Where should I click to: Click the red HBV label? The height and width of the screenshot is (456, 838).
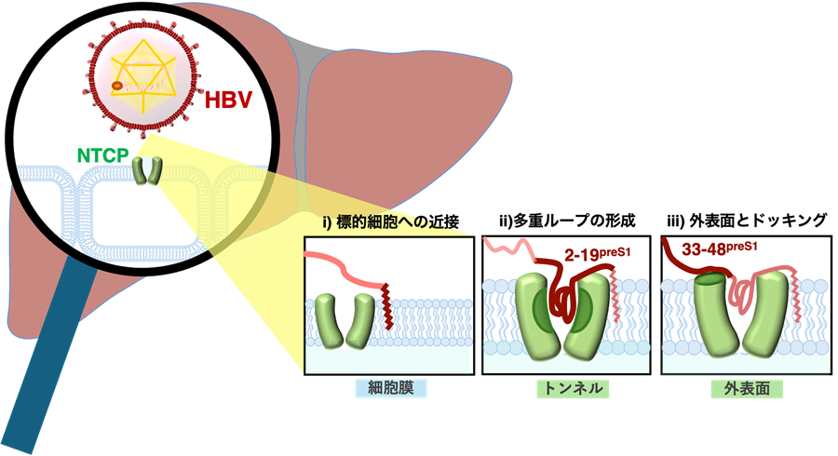[x=224, y=100]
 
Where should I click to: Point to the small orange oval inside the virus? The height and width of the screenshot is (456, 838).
[x=117, y=86]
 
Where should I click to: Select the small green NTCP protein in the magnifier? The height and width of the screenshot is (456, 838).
[x=146, y=171]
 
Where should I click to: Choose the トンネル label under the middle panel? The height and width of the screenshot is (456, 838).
[x=572, y=388]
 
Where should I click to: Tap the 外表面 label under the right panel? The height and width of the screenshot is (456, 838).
[x=746, y=388]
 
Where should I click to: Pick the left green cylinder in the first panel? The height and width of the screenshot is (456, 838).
[x=328, y=319]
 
